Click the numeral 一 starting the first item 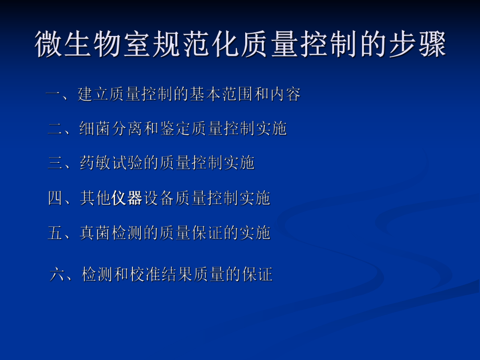(x=53, y=95)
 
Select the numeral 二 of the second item (x=55, y=128)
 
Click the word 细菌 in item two (x=95, y=128)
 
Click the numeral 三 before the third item (x=55, y=163)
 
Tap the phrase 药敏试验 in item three (x=111, y=163)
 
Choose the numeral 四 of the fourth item (x=55, y=198)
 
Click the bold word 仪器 (x=127, y=198)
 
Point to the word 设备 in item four (x=159, y=198)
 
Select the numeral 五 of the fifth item (x=55, y=233)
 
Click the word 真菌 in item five (x=95, y=233)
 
